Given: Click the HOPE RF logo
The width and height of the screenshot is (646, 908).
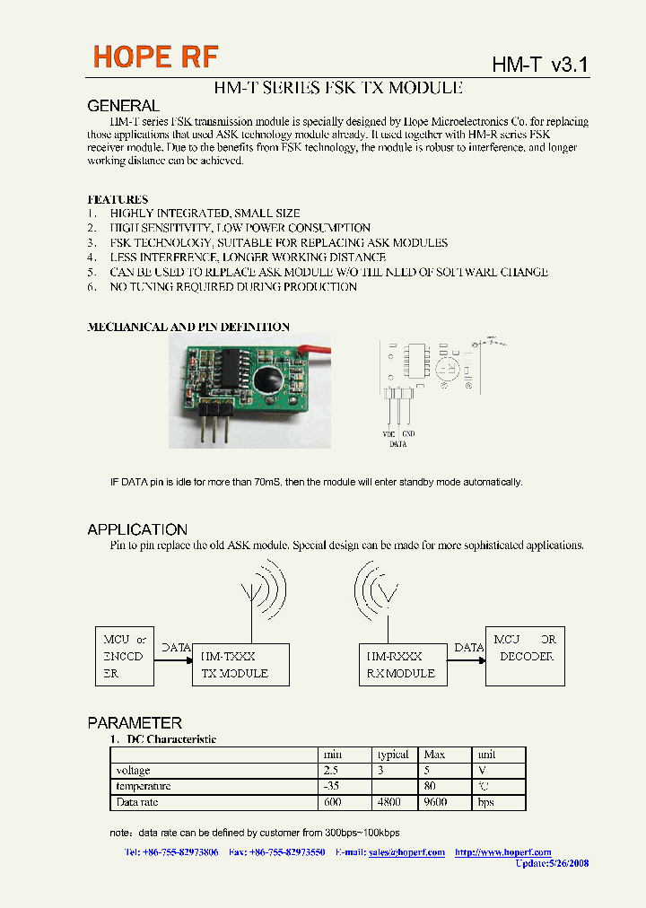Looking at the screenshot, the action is coord(156,57).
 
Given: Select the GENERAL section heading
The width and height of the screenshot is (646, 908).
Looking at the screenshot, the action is coord(123,106).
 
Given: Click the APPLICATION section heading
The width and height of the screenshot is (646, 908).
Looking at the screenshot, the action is coord(137,529).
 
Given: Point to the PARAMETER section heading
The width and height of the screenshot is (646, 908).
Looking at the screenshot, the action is coord(135,722).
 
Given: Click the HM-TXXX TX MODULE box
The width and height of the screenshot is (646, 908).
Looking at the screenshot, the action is coord(240,665).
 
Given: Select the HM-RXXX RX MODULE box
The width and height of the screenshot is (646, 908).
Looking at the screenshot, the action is coord(400,665).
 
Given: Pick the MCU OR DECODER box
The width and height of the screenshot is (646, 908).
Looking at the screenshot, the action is coord(525,656).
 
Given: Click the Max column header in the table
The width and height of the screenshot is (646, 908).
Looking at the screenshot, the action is coord(434,755).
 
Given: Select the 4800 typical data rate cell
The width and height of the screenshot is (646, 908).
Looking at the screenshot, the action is coord(390,802).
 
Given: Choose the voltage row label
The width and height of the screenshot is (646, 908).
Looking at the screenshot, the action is coord(134,771).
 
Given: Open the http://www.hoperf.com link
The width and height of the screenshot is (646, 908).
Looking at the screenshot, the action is coord(502,852).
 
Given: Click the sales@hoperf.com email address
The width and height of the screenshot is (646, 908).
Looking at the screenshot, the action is coord(406,852).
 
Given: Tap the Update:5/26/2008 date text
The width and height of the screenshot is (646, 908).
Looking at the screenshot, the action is coord(552,863).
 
